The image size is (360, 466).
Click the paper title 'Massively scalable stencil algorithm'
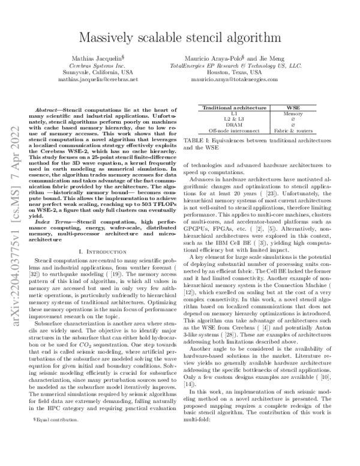click(180, 37)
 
